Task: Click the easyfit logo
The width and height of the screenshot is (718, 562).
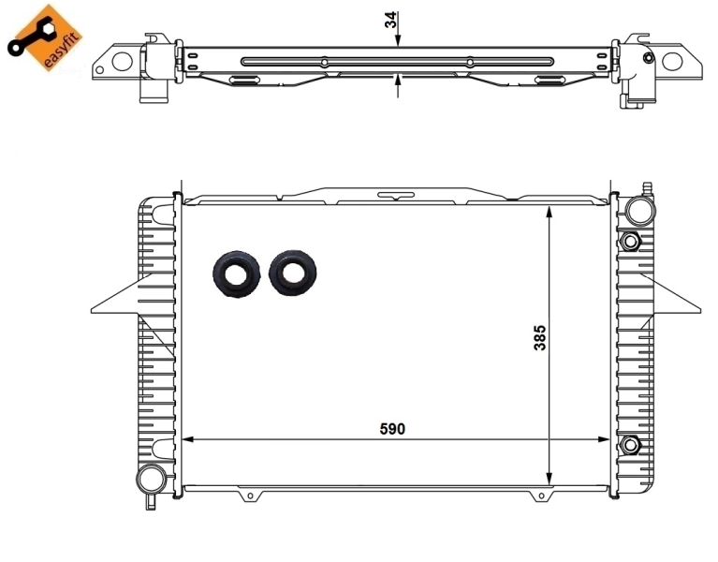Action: coord(45,37)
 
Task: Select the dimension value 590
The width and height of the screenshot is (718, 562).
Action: coord(392,428)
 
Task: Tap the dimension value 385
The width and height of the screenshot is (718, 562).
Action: coord(539,338)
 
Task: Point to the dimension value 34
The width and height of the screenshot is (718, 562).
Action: coord(391,22)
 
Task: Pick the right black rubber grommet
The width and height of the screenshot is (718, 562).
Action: coord(292,272)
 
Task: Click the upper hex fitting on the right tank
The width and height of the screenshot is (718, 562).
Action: coord(630,242)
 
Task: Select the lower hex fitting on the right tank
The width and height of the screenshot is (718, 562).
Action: coord(630,443)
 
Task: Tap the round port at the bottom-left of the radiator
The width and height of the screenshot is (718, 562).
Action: coord(149,480)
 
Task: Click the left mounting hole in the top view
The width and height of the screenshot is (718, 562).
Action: coord(122,63)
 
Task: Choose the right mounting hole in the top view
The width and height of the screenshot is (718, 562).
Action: coord(673,63)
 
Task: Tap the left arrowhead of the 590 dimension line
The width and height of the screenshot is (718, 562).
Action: coord(187,438)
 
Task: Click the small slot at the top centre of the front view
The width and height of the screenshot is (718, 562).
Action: coord(396,196)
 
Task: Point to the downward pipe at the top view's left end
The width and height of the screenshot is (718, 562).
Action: coord(149,95)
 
